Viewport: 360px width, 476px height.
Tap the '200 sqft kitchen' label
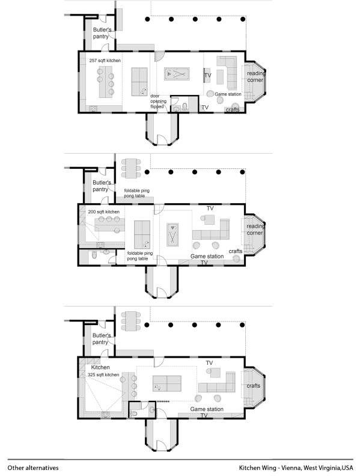click(x=103, y=212)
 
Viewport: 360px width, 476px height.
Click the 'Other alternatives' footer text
click(x=33, y=467)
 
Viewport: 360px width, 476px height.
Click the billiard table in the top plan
click(x=177, y=75)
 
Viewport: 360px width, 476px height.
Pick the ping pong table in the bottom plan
click(x=166, y=384)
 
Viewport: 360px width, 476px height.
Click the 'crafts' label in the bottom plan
click(x=253, y=385)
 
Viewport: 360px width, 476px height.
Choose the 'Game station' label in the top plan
click(x=228, y=94)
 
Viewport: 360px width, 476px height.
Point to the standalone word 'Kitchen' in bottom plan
click(x=100, y=367)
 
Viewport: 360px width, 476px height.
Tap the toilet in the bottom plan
click(x=135, y=414)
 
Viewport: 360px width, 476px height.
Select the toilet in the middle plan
click(x=94, y=257)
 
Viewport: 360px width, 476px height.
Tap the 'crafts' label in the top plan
click(x=232, y=109)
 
